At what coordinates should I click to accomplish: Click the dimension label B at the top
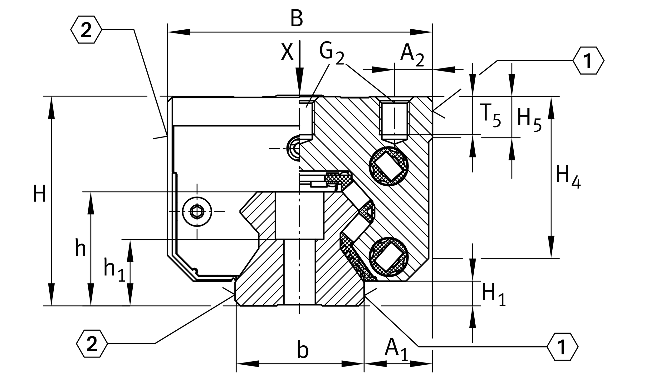tap(296, 19)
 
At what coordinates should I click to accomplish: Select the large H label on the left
tap(40, 194)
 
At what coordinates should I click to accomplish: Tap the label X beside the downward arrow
tap(287, 52)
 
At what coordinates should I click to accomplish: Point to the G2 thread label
tap(331, 53)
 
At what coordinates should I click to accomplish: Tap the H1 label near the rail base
tap(493, 295)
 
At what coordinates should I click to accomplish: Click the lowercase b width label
tap(303, 350)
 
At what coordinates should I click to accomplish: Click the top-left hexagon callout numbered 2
tap(86, 30)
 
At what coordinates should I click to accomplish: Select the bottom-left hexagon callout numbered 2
tap(92, 344)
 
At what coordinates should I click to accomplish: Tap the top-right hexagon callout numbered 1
tap(588, 60)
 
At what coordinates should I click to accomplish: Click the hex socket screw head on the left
tap(197, 212)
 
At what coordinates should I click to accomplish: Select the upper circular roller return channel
tap(389, 166)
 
